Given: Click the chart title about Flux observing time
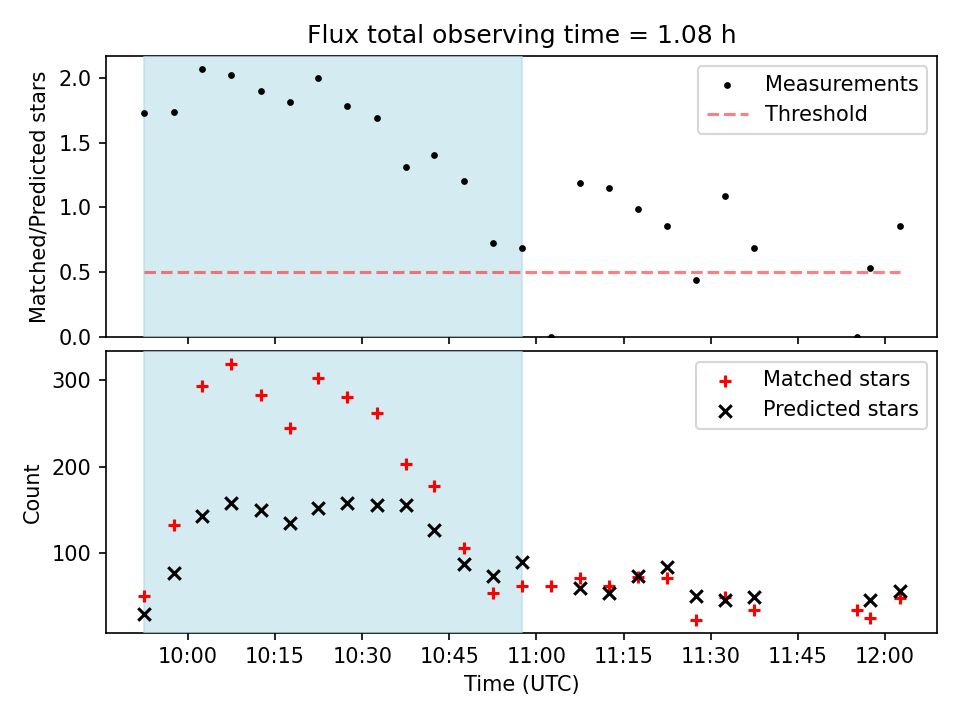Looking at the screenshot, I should tap(521, 35).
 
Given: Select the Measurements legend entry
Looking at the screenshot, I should tap(841, 84).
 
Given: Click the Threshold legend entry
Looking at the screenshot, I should tap(816, 114).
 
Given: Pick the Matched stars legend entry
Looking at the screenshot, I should tap(836, 379).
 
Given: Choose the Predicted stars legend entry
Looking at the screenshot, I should tap(840, 408).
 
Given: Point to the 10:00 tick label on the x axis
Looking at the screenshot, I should tap(187, 655).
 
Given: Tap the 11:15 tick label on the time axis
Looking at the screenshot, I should tap(623, 655).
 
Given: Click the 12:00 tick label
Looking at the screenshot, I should tap(885, 655).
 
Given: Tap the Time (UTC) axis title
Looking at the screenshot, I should tap(521, 685).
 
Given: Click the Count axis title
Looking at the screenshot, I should tap(33, 493).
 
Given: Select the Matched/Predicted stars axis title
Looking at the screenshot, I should tap(38, 197).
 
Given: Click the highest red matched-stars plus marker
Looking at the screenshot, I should tap(231, 365).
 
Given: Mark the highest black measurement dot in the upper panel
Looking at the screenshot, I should tap(202, 70).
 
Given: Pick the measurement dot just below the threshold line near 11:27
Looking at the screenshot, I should tap(696, 280).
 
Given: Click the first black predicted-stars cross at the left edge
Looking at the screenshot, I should tap(144, 614).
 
